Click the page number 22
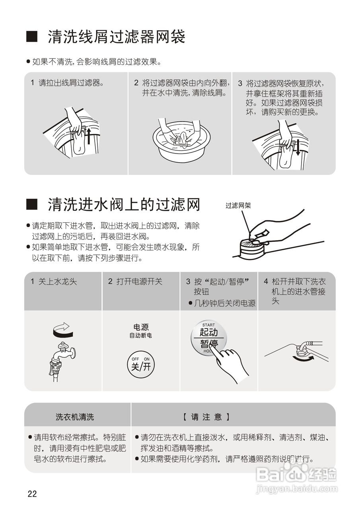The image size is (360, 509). click(32, 494)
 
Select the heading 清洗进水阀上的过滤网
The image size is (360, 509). click(124, 205)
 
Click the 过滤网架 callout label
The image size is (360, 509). click(238, 206)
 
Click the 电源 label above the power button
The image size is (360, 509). click(141, 327)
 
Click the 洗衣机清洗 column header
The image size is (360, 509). click(75, 417)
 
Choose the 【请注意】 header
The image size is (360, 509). click(206, 417)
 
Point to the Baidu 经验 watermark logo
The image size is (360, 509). click(296, 474)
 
